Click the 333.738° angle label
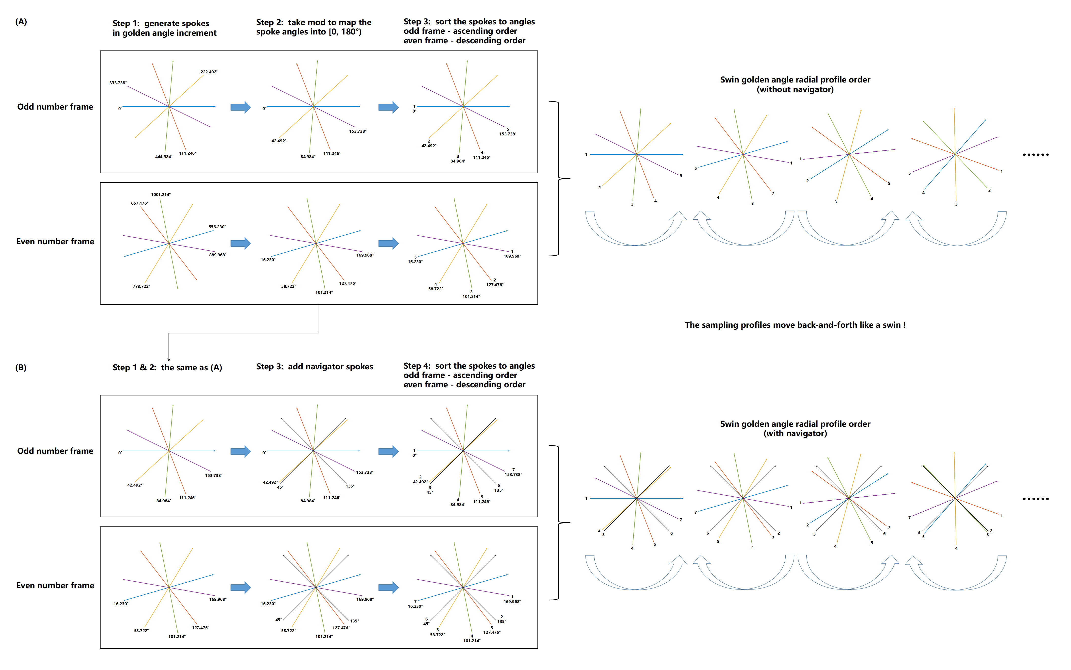pos(118,83)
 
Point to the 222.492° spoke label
pos(209,72)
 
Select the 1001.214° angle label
pos(160,195)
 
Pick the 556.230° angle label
pos(217,227)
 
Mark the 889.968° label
pos(217,255)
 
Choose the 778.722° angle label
pos(141,287)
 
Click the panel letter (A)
pos(21,22)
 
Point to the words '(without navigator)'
pos(795,90)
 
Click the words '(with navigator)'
pos(795,433)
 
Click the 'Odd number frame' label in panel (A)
pos(55,107)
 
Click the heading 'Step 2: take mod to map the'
pos(313,22)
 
